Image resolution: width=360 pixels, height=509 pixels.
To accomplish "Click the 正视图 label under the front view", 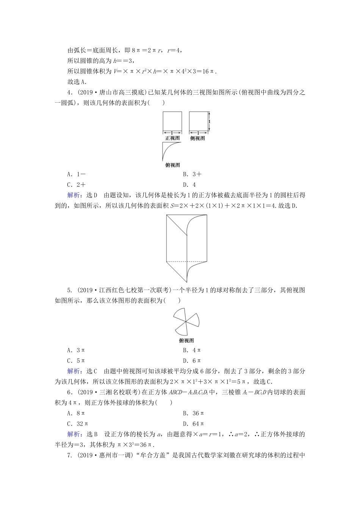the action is click(172, 138).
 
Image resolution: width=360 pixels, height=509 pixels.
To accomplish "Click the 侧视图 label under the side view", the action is click(197, 138).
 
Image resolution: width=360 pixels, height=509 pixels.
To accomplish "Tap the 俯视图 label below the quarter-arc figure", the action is click(172, 165).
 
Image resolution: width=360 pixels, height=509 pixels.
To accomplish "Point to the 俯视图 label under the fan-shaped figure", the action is click(186, 340).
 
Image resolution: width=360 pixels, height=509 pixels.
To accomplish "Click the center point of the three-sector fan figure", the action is click(186, 322).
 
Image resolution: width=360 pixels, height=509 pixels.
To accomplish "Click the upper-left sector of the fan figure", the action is click(180, 314).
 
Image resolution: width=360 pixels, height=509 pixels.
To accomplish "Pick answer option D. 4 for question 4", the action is click(189, 185).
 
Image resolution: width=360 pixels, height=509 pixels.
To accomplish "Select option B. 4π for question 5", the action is click(192, 350).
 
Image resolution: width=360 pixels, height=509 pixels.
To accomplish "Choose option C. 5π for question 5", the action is click(76, 361).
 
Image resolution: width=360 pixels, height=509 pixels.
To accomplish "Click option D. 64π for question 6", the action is click(193, 424).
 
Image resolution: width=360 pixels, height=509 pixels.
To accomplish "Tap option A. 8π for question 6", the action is click(76, 413).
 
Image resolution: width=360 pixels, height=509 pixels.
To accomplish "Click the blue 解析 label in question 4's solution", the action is click(74, 195).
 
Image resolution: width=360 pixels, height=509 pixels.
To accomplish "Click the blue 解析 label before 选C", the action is click(74, 371).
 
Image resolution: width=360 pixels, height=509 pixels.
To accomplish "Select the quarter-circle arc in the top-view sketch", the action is click(167, 151).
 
